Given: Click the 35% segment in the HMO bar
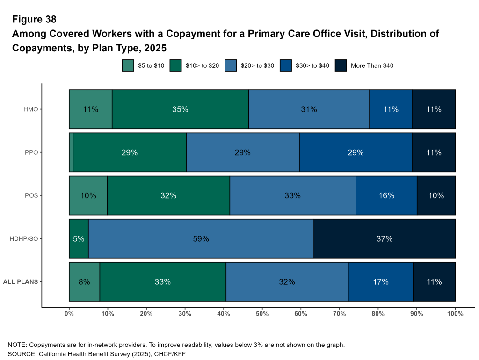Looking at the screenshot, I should pos(180,109).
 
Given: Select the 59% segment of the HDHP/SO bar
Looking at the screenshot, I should pos(201,239).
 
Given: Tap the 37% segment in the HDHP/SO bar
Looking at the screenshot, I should pos(384,239).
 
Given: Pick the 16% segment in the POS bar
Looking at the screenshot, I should pos(386,195).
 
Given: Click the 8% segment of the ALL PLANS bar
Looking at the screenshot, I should pos(84,282).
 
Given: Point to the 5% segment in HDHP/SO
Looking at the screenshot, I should pos(79,239).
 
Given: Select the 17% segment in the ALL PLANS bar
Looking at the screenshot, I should pos(381,282).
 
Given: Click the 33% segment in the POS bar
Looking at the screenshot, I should pos(292,195).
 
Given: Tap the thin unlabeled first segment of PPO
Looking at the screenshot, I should pos(71,152).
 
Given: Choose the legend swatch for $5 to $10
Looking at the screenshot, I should pos(128,65).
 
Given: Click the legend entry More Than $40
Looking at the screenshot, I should pos(371,65).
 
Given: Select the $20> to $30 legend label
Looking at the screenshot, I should pos(257,65).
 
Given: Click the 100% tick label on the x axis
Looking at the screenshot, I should pos(455,314).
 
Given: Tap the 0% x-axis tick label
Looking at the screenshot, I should pos(69,314).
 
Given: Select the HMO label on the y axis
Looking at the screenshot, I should pos(31,109).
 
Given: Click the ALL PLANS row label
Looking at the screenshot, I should pos(21,282).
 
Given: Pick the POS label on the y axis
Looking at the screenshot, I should pos(31,195).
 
